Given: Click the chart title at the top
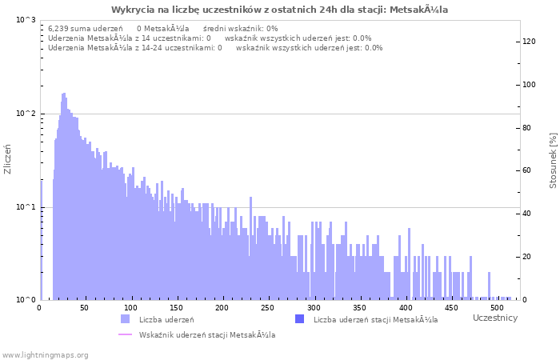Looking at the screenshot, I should tap(279, 10).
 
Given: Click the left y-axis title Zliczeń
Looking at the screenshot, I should tap(8, 159).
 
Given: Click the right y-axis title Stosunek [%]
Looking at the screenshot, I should tap(553, 161).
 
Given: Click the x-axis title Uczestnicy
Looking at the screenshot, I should tap(494, 318).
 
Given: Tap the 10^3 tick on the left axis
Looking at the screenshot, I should tap(26, 19).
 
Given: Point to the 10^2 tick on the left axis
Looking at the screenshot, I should tap(26, 114).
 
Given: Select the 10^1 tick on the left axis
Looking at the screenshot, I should tap(26, 207).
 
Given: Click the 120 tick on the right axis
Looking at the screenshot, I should tap(530, 41).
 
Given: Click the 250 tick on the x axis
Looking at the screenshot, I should tap(268, 308).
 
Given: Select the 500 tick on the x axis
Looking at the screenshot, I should tap(497, 308).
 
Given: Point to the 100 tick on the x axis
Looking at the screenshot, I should tap(131, 308).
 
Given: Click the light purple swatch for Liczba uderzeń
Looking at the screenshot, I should tap(125, 320).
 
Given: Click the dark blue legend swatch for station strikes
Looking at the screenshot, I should tap(299, 320).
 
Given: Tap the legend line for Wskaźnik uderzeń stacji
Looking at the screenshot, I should tap(125, 334).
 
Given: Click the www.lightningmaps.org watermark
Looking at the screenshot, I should tap(45, 354).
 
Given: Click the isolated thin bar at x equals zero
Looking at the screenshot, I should tap(41, 240).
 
